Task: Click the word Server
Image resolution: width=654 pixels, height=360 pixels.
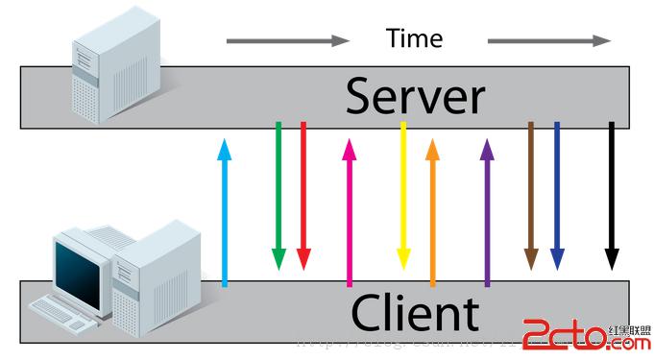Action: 415,97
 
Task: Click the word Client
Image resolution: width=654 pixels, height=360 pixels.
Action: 414,314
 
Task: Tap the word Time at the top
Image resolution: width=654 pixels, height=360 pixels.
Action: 414,38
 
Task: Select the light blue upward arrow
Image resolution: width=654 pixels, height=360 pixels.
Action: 225,211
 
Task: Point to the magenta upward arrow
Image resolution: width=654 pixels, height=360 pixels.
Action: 349,211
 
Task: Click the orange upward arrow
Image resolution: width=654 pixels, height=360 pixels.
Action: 432,211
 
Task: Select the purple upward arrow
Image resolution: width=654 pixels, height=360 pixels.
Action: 487,211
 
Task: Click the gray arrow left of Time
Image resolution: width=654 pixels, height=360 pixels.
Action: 288,41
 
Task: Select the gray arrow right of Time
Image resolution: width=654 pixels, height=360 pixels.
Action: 548,41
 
